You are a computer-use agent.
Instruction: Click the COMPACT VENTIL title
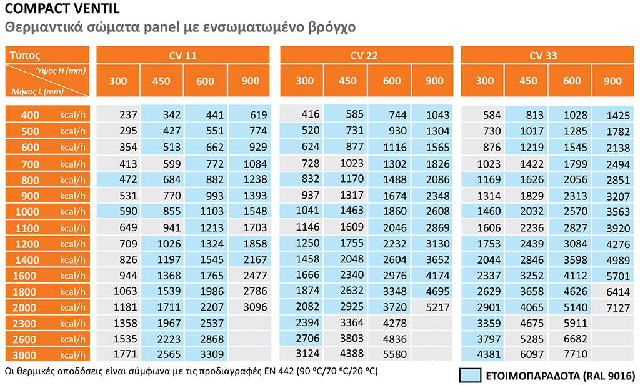pyautogui.click(x=47, y=9)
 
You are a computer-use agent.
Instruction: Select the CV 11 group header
pyautogui.click(x=182, y=56)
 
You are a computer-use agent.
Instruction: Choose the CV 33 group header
pyautogui.click(x=543, y=56)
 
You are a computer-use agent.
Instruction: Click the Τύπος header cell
pyautogui.click(x=25, y=54)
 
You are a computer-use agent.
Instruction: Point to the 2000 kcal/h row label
pyautogui.click(x=47, y=307)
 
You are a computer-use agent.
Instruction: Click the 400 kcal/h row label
pyautogui.click(x=47, y=115)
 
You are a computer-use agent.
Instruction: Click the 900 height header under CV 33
pyautogui.click(x=613, y=81)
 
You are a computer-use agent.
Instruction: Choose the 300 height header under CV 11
pyautogui.click(x=118, y=81)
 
